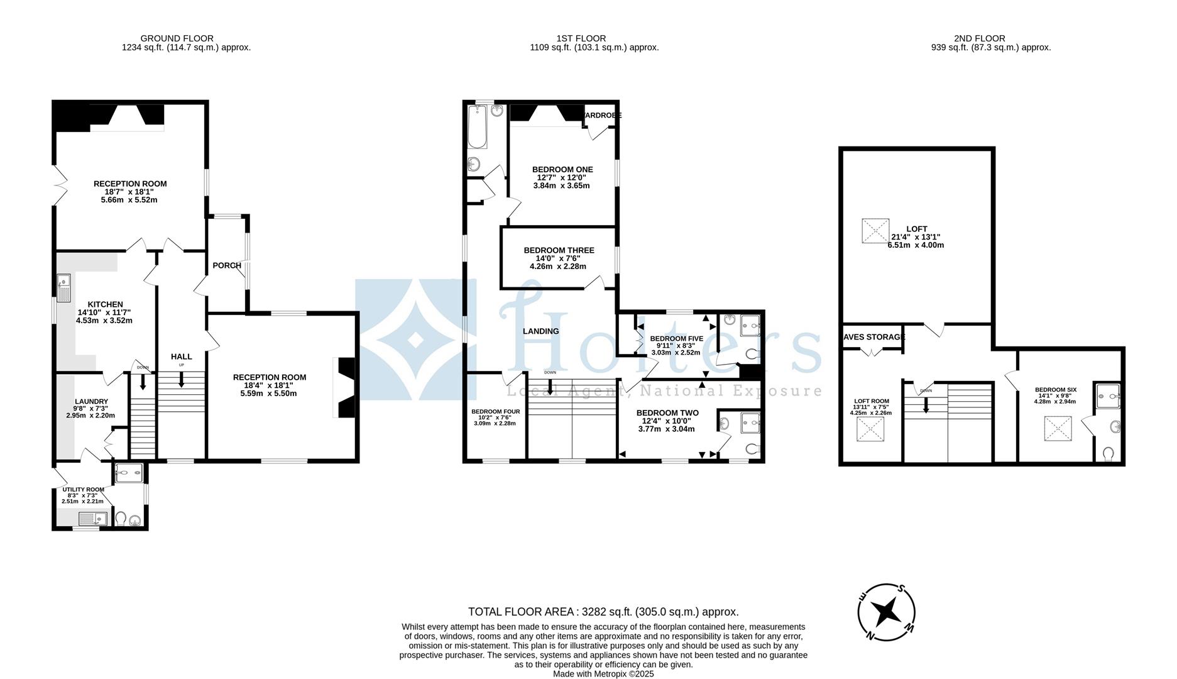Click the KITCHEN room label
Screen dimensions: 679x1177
click(105, 304)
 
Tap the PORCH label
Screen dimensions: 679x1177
click(227, 265)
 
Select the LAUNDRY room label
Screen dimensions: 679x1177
click(91, 402)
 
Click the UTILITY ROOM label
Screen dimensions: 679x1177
click(83, 489)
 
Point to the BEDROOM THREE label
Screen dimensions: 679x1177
click(559, 250)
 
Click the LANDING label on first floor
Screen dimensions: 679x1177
click(540, 331)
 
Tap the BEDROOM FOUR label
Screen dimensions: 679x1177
click(495, 412)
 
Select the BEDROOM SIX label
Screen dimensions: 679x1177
click(1055, 390)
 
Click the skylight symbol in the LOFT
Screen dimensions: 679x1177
click(875, 230)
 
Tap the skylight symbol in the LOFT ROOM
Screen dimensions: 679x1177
click(870, 430)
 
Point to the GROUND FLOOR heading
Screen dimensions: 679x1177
click(177, 38)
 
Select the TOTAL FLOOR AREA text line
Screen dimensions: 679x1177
click(603, 612)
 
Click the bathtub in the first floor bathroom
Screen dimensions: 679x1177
click(477, 126)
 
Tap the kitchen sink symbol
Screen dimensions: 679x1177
click(64, 288)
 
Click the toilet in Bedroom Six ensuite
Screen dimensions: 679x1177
click(1108, 453)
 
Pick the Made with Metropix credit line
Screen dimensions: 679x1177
click(603, 673)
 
